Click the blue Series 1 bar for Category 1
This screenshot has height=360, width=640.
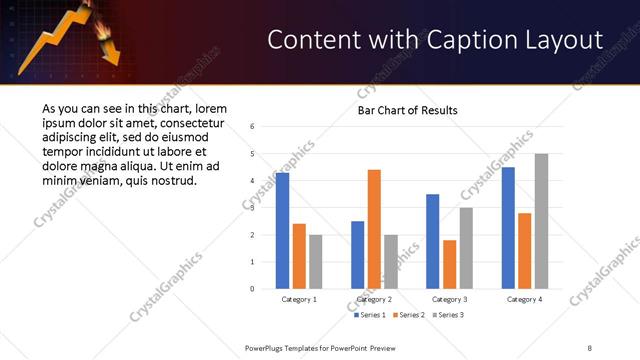pyautogui.click(x=282, y=231)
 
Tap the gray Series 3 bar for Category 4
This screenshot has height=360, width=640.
pyautogui.click(x=541, y=221)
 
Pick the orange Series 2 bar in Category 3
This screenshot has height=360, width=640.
pyautogui.click(x=449, y=264)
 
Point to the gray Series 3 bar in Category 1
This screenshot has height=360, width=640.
pyautogui.click(x=316, y=262)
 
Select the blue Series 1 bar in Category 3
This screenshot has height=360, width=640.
pyautogui.click(x=432, y=241)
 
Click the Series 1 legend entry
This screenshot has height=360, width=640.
pyautogui.click(x=372, y=315)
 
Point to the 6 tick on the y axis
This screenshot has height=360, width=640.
pyautogui.click(x=253, y=127)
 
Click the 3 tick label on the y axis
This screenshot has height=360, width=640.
pyautogui.click(x=253, y=208)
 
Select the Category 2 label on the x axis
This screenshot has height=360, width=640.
pyautogui.click(x=374, y=299)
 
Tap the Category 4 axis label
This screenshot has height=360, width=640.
pyautogui.click(x=524, y=299)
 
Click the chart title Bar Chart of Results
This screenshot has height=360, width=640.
pyautogui.click(x=407, y=109)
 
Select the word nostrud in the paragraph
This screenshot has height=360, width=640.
pyautogui.click(x=171, y=181)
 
